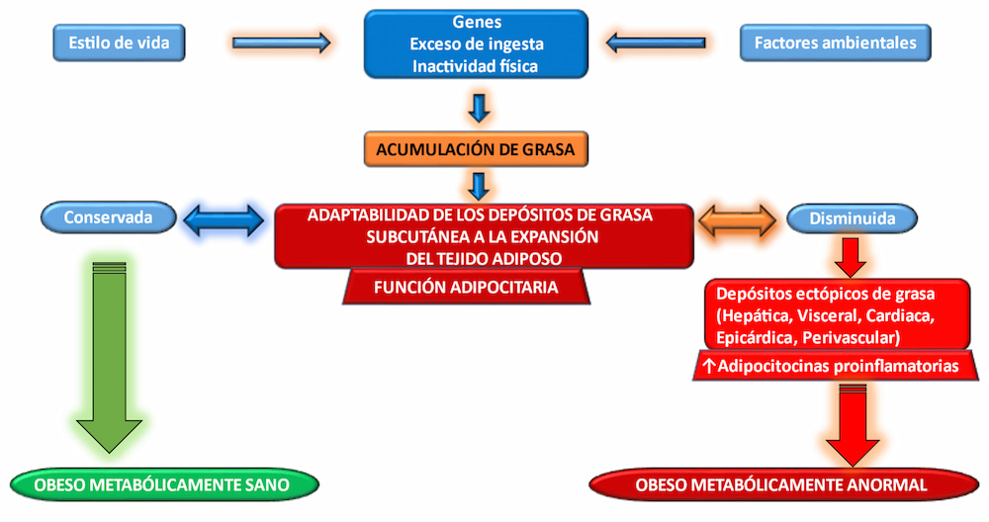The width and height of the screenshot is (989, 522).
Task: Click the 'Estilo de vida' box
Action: [x=120, y=43]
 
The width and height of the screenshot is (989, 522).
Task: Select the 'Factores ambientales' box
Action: [x=835, y=43]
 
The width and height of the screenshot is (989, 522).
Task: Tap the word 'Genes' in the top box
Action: [x=477, y=22]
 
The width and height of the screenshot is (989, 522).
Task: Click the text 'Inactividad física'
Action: [x=475, y=66]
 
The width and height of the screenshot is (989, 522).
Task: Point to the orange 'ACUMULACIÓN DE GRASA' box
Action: [x=477, y=149]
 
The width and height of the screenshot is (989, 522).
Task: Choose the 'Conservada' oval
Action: [x=109, y=217]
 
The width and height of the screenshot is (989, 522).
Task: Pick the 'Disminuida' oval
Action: [x=853, y=218]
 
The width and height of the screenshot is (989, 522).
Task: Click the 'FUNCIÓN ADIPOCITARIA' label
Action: [x=466, y=288]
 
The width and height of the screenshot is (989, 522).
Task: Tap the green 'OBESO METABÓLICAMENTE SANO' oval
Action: [x=164, y=484]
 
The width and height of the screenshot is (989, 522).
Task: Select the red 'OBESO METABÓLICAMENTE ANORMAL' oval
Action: [x=784, y=484]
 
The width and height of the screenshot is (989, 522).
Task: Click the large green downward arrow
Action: [x=109, y=357]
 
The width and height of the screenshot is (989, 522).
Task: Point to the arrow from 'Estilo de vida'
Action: [x=281, y=43]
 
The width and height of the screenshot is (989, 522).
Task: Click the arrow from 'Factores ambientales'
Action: [x=656, y=43]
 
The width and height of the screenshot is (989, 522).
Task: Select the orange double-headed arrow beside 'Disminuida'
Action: [x=738, y=220]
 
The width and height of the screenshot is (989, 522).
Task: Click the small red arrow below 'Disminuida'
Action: [x=851, y=257]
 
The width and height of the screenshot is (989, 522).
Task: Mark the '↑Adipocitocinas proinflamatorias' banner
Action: [x=836, y=366]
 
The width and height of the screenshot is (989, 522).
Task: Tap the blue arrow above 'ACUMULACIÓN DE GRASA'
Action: [x=479, y=108]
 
